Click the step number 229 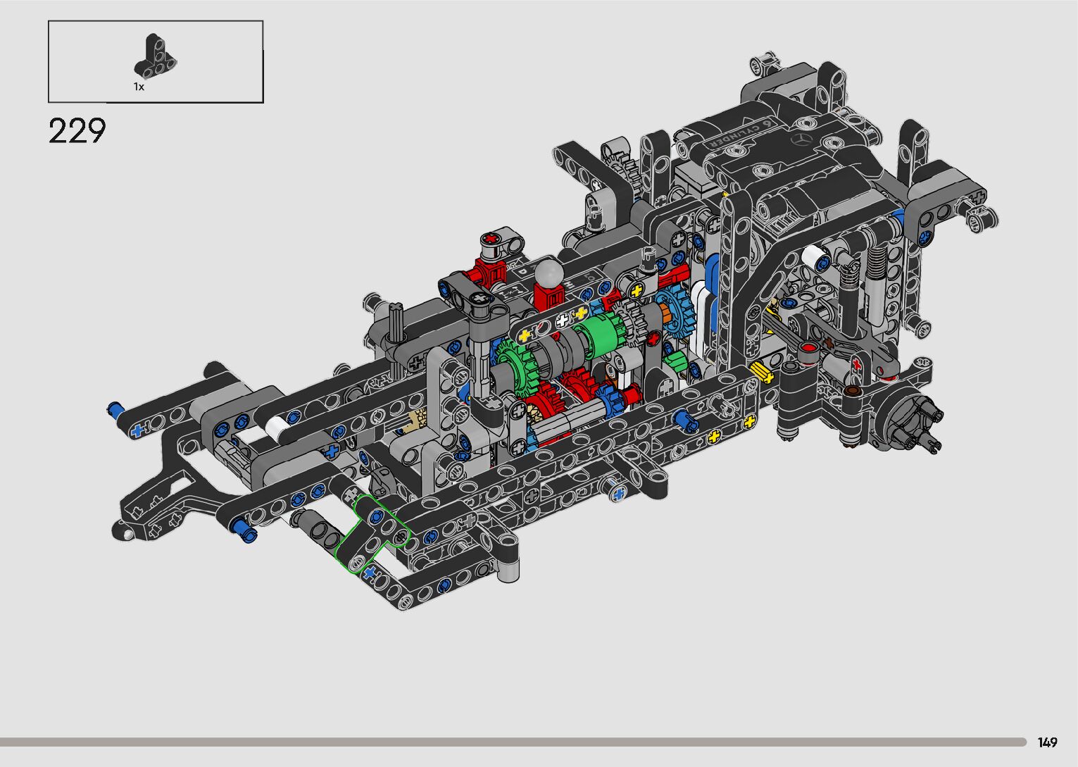pos(77,130)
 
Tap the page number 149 pos(1047,742)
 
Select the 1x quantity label pos(139,87)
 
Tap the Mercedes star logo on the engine pos(802,140)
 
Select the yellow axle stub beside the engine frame pos(761,373)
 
